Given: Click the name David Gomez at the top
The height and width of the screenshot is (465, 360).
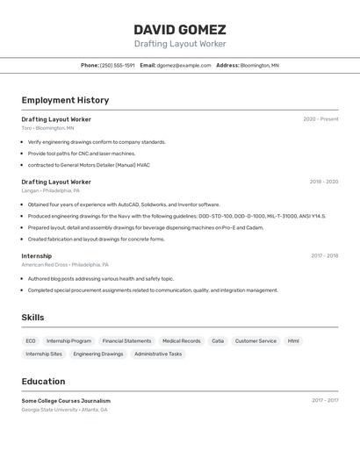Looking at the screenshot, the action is click(x=180, y=29).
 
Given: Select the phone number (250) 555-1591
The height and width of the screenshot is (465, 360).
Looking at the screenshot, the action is click(x=117, y=65).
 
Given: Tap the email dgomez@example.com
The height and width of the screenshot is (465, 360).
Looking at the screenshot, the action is click(x=184, y=65).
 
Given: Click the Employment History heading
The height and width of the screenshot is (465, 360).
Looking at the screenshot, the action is click(x=65, y=100).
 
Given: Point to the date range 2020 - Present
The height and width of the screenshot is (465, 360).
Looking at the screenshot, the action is click(x=320, y=119).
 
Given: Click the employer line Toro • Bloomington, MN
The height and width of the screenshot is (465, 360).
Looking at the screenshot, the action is click(x=47, y=128).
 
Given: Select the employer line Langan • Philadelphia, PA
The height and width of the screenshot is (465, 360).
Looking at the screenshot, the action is click(x=50, y=190).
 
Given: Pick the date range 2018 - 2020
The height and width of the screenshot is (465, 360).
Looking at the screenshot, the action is click(x=323, y=182).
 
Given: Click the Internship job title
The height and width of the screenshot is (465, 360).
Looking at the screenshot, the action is click(x=37, y=256).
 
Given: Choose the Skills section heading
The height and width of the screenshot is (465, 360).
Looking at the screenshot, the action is click(x=32, y=318).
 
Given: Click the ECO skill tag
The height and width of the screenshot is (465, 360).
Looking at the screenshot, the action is click(x=31, y=340).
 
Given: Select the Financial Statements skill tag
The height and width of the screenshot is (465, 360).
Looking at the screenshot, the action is click(x=126, y=340).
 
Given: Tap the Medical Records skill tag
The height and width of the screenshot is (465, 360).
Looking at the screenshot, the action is click(x=181, y=340).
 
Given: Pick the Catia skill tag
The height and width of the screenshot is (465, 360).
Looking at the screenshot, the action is click(x=218, y=340).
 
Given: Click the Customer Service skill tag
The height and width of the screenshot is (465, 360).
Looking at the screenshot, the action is click(x=256, y=340).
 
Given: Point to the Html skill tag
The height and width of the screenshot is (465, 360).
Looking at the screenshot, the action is click(x=293, y=340).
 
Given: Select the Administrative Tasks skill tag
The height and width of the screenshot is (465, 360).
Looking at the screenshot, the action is click(x=158, y=354).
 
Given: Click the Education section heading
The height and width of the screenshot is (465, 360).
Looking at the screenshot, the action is click(x=43, y=382).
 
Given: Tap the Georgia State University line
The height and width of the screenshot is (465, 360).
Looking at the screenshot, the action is click(x=64, y=410).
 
